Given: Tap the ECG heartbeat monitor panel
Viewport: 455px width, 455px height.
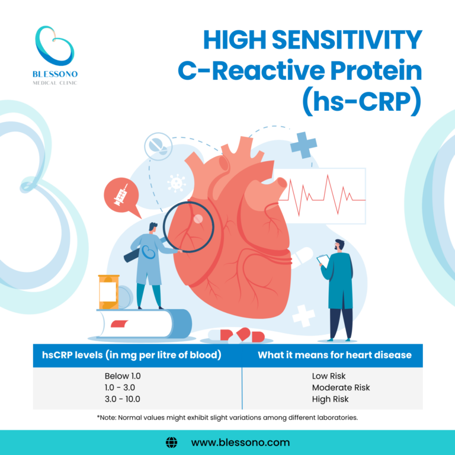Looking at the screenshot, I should tap(323, 196).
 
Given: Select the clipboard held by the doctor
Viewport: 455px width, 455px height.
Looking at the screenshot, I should tap(323, 259).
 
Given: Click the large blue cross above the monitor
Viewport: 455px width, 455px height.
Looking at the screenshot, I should tap(303, 145).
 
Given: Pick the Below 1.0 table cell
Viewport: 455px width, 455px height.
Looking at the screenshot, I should tap(123, 376).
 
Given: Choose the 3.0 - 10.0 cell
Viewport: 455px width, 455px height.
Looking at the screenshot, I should tap(123, 399).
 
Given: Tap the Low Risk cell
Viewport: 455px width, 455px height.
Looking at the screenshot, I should tap(328, 376).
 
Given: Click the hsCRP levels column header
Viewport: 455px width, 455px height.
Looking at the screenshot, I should tap(132, 355).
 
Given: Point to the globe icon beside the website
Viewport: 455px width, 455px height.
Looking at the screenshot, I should tap(172, 442).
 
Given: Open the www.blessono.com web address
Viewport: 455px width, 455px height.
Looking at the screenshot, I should tap(240, 442).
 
